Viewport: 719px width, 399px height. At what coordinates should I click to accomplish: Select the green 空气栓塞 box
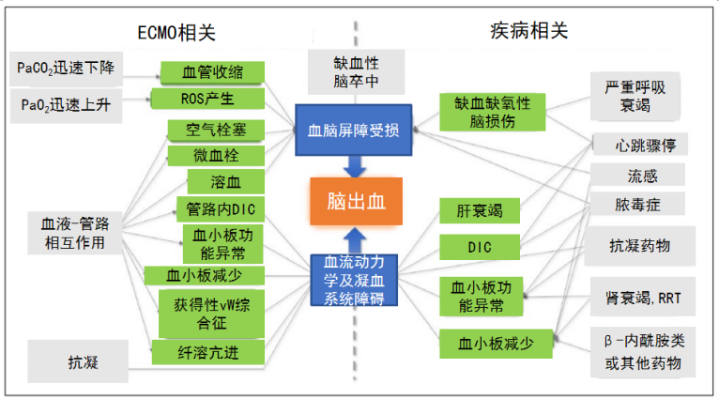coord(215,129)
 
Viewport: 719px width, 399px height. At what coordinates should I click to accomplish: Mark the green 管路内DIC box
coord(217,206)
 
